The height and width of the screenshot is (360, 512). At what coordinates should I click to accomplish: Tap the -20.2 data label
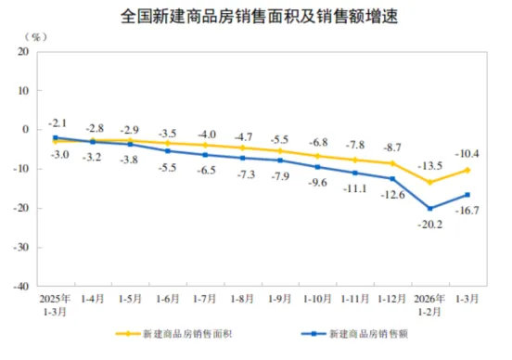tap(430, 224)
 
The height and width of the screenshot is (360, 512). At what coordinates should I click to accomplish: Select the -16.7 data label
tap(468, 212)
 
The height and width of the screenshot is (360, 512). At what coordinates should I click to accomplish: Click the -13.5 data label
tap(429, 166)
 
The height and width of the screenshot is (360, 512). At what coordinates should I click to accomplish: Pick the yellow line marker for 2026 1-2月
tap(429, 182)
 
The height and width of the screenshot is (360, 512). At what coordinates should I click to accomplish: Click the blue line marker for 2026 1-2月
tap(429, 208)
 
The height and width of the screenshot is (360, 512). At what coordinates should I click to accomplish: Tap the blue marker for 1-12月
tap(392, 178)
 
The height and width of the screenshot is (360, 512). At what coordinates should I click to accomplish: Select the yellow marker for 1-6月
tap(168, 143)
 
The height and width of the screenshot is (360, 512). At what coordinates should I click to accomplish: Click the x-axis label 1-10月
tap(317, 299)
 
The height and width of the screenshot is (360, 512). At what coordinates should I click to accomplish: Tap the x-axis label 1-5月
tap(131, 299)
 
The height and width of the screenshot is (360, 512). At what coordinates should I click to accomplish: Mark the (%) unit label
tap(35, 36)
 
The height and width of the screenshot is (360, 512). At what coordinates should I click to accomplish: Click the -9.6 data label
tap(318, 182)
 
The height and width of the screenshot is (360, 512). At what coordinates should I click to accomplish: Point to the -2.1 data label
tap(58, 123)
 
